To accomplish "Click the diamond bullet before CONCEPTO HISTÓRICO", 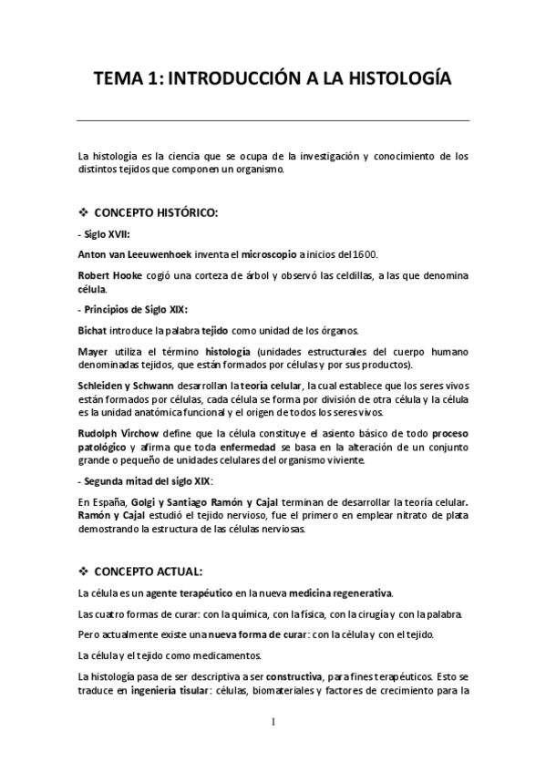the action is tap(84, 212).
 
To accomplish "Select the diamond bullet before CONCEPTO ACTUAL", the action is tap(84, 572).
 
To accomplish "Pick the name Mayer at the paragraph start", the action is tap(94, 350).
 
